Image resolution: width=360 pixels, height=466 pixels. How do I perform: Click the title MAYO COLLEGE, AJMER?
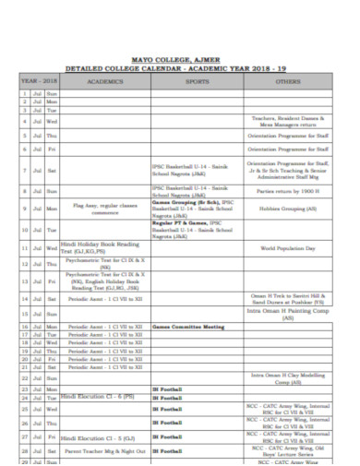[x=179, y=59]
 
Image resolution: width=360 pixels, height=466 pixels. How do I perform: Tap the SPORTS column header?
[x=198, y=81]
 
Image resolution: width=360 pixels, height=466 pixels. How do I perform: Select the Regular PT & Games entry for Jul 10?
[x=198, y=227]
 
